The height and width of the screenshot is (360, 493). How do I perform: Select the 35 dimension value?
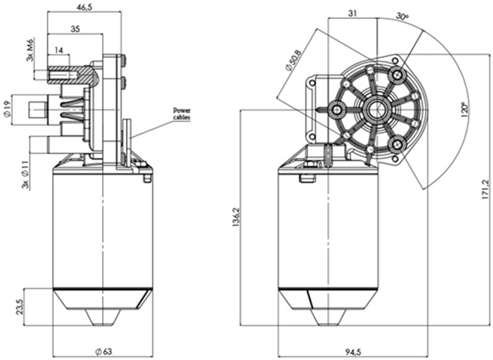click(75, 29)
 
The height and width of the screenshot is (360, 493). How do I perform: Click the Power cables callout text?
click(181, 113)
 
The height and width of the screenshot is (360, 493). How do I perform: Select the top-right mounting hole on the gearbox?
click(397, 72)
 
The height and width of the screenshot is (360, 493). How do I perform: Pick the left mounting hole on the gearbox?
click(336, 109)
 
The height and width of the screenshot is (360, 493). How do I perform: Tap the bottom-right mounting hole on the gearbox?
click(396, 143)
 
